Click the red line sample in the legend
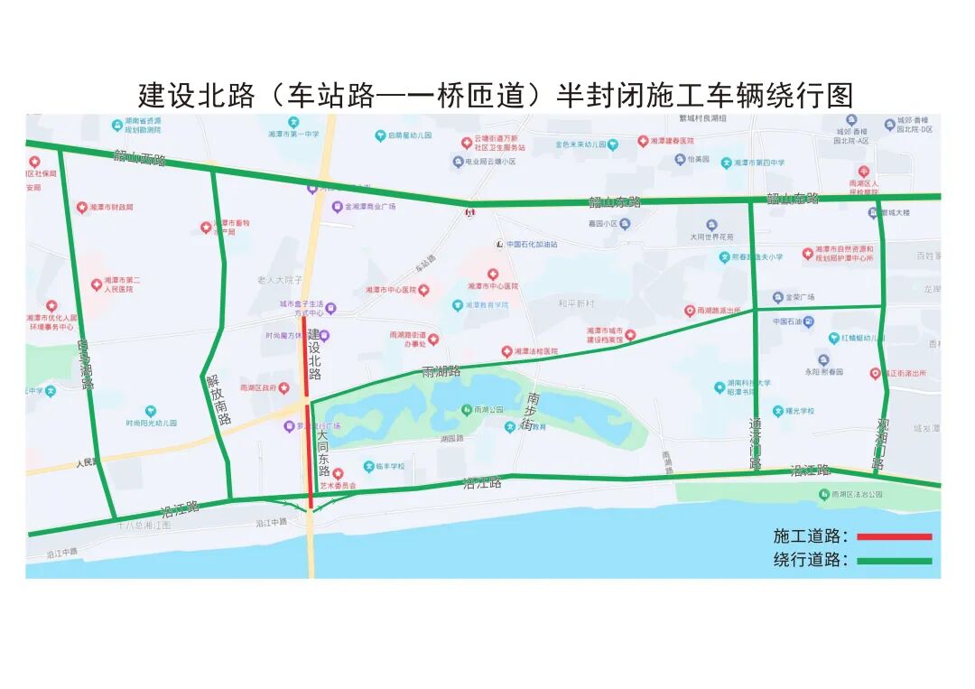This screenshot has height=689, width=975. tap(894, 536)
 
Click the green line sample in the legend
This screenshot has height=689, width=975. tap(894, 561)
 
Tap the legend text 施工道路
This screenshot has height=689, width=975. tap(811, 536)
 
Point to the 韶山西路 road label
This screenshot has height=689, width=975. tap(140, 159)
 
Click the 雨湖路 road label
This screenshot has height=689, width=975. tap(441, 371)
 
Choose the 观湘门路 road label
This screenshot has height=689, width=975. tap(880, 443)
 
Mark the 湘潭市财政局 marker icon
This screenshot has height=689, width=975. tap(81, 208)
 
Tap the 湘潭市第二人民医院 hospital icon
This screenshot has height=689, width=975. tap(96, 285)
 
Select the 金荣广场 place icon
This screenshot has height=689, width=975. tap(776, 297)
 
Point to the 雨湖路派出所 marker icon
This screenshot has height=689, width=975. tap(690, 311)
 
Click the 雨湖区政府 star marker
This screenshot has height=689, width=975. tap(284, 387)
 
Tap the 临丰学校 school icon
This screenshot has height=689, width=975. tap(368, 467)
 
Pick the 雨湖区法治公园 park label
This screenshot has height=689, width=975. tap(856, 494)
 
